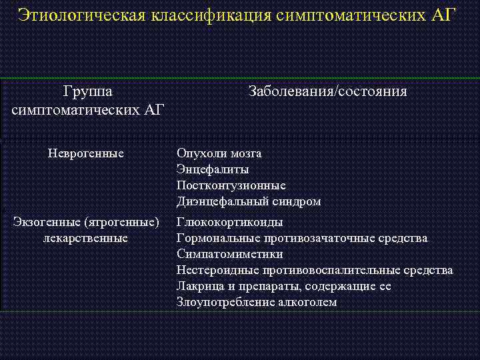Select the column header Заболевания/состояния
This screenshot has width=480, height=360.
[x=327, y=91]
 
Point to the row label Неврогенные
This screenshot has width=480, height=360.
[x=86, y=153]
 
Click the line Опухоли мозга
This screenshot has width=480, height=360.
[x=219, y=153]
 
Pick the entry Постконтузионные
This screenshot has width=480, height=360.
[x=231, y=185]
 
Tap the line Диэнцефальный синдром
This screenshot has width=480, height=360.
[x=249, y=201]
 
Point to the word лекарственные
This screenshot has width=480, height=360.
[x=86, y=238]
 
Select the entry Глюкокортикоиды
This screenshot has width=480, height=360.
[x=229, y=222]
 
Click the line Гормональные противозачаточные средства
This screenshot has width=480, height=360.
[x=302, y=238]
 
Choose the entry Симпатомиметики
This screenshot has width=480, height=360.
[x=229, y=254]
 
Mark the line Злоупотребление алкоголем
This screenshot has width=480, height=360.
[x=257, y=302]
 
